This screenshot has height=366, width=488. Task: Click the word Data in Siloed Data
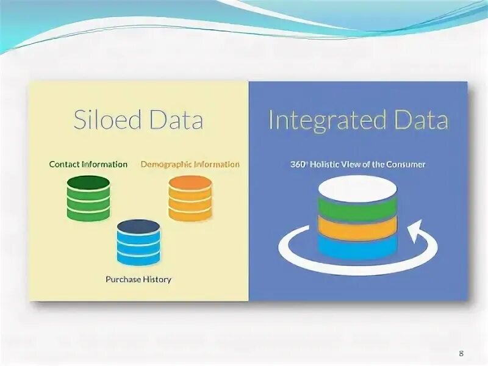pyautogui.click(x=177, y=120)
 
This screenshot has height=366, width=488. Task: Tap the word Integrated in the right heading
pyautogui.click(x=330, y=120)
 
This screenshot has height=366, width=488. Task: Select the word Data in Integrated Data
pyautogui.click(x=422, y=120)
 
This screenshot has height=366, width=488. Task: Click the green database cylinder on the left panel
pyautogui.click(x=88, y=198)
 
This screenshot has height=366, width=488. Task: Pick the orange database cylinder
pyautogui.click(x=190, y=198)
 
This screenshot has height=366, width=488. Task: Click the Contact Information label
pyautogui.click(x=88, y=164)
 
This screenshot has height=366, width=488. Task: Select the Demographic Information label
pyautogui.click(x=190, y=164)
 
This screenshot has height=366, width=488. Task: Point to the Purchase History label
pyautogui.click(x=138, y=279)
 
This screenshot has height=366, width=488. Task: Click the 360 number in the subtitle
pyautogui.click(x=298, y=164)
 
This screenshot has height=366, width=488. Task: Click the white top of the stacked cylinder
pyautogui.click(x=357, y=188)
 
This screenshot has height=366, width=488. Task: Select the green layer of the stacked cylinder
pyautogui.click(x=357, y=209)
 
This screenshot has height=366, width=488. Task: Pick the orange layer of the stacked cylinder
pyautogui.click(x=357, y=229)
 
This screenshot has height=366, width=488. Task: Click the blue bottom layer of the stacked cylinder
pyautogui.click(x=357, y=246)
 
